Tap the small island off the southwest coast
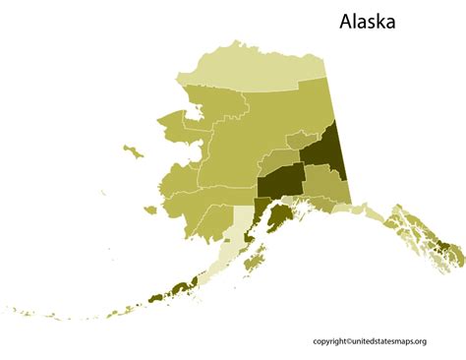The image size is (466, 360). [x=149, y=209]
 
